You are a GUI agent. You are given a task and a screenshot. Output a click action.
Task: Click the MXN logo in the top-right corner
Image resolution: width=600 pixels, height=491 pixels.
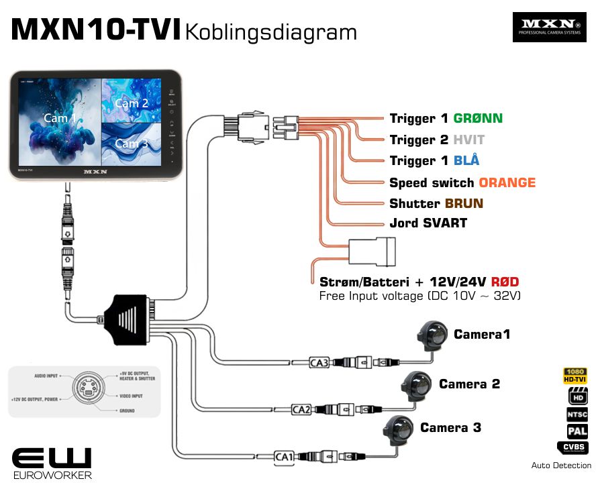click(x=549, y=27)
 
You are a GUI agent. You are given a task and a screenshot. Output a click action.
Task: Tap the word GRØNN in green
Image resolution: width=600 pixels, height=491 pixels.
click(x=478, y=119)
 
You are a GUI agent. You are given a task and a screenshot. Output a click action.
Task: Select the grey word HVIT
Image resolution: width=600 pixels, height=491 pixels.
click(x=468, y=140)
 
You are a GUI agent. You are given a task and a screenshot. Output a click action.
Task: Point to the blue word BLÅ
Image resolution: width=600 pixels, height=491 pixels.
click(x=466, y=161)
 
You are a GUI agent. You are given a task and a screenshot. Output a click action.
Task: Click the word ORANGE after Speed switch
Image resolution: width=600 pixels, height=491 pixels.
click(x=507, y=182)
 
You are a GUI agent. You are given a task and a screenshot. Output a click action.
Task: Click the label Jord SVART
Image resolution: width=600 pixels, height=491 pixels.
click(x=428, y=223)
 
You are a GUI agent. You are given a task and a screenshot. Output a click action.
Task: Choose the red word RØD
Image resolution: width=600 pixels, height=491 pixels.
click(x=503, y=282)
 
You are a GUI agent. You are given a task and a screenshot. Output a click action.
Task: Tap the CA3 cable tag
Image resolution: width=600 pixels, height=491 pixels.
click(x=319, y=363)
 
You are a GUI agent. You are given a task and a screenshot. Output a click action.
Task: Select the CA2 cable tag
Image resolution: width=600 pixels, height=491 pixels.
click(x=301, y=408)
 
